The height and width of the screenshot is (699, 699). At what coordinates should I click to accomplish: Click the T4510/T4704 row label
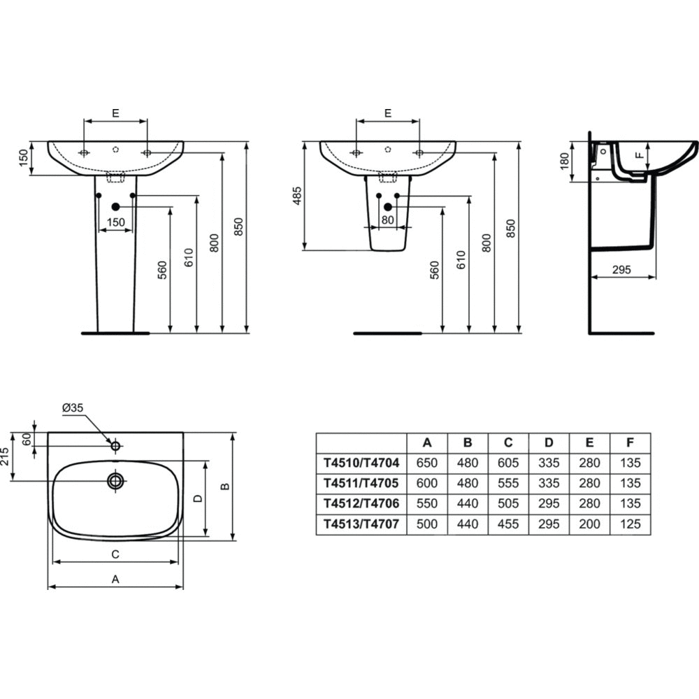(361, 463)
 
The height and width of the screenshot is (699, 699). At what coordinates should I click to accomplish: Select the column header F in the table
(630, 442)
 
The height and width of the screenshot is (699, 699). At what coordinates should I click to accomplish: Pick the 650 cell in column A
(426, 463)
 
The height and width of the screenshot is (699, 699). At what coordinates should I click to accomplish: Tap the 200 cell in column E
(589, 524)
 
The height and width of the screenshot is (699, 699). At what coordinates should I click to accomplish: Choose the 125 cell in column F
(630, 524)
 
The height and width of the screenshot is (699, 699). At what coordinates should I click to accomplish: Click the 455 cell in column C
(508, 524)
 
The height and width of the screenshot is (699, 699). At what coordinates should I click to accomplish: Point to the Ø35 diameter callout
(73, 408)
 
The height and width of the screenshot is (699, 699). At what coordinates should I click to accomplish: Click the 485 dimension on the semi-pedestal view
(297, 196)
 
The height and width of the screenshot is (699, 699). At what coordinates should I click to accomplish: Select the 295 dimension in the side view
(621, 270)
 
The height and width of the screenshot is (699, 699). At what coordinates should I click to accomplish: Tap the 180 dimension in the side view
(564, 161)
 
